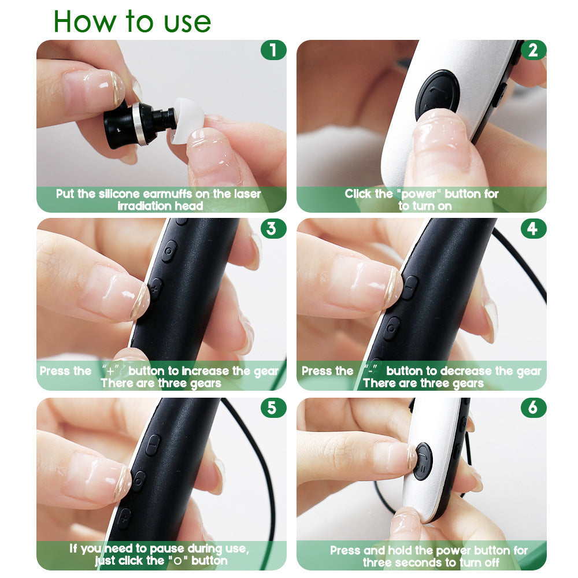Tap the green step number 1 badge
pyautogui.click(x=273, y=50)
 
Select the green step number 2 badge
pyautogui.click(x=533, y=50)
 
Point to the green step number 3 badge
pyautogui.click(x=273, y=228)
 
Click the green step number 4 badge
pyautogui.click(x=533, y=228)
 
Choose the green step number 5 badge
pyautogui.click(x=273, y=408)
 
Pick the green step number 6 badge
pyautogui.click(x=533, y=408)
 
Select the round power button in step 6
pyautogui.click(x=423, y=461)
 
